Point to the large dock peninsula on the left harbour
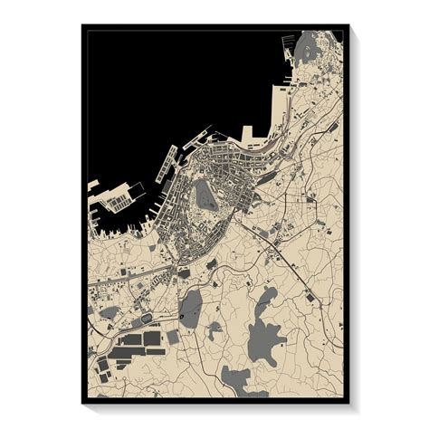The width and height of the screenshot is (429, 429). [x=118, y=196]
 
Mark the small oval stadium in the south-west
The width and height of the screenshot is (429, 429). [x=146, y=319]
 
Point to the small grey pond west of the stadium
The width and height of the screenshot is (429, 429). [x=109, y=312]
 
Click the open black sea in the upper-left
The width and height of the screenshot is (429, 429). [x=154, y=81]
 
